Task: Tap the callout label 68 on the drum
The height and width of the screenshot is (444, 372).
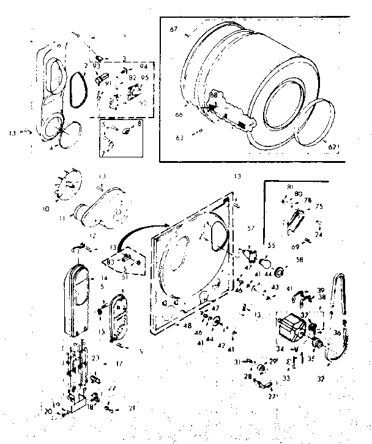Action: click(214, 96)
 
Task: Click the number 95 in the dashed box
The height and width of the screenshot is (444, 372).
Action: click(144, 77)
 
